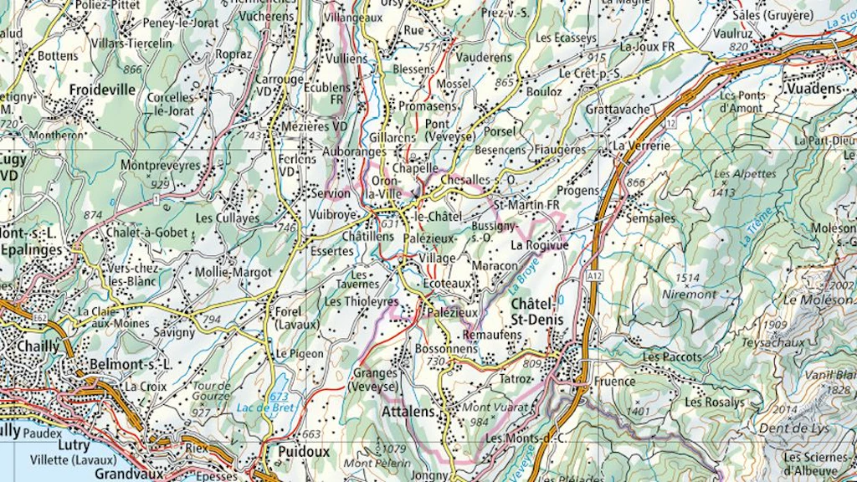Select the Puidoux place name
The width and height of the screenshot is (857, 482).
pos(298,452)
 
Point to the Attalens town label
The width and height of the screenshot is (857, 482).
pos(409,413)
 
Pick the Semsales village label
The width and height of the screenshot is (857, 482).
pos(651,218)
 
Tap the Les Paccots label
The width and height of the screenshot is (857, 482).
pos(672,357)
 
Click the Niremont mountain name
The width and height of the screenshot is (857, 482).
pos(689,294)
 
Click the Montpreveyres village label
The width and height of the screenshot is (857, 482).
pos(161,166)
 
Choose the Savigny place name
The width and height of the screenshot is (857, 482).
pos(174,332)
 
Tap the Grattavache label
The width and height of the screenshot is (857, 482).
pos(617,110)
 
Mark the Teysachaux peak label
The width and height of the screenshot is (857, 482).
pos(772,342)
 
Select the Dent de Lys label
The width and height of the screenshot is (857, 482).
pos(794,428)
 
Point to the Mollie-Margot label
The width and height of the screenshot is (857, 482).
pos(233,272)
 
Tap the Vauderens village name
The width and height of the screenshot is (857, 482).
pos(484,57)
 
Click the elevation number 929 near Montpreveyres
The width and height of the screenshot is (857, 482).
pos(160,183)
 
